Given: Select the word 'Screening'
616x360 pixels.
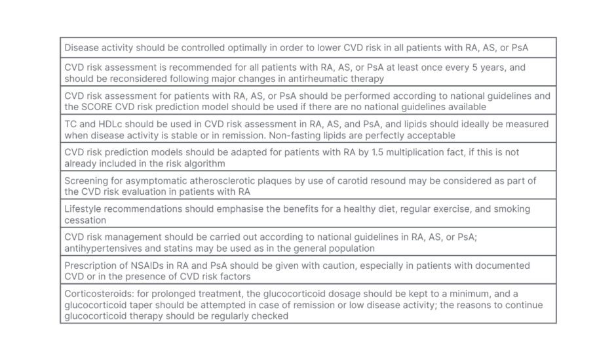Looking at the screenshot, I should pos(88,180).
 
